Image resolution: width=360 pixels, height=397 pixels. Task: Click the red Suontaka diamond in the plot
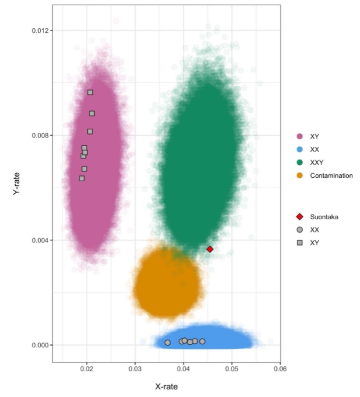point(210,249)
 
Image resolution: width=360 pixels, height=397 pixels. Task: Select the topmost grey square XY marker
point(91,92)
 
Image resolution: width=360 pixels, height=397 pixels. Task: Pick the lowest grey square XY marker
point(82,178)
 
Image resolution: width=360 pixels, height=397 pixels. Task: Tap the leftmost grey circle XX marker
point(168,343)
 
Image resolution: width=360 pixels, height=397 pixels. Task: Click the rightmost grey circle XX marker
point(202,341)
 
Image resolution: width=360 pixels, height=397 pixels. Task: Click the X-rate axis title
point(166,386)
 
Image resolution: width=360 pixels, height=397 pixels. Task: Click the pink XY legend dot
point(300,136)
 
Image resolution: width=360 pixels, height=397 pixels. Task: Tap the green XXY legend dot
point(300,163)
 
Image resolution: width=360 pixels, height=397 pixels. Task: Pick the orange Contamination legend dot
point(300,176)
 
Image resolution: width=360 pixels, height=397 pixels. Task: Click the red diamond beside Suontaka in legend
point(300,216)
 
